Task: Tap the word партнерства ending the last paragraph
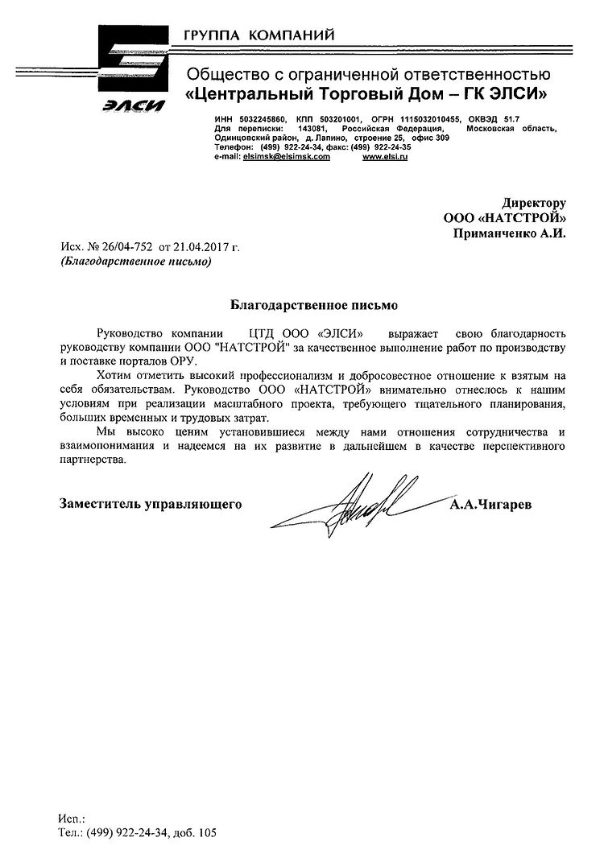click(93, 459)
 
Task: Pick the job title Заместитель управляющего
click(151, 505)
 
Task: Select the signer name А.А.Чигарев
click(492, 505)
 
